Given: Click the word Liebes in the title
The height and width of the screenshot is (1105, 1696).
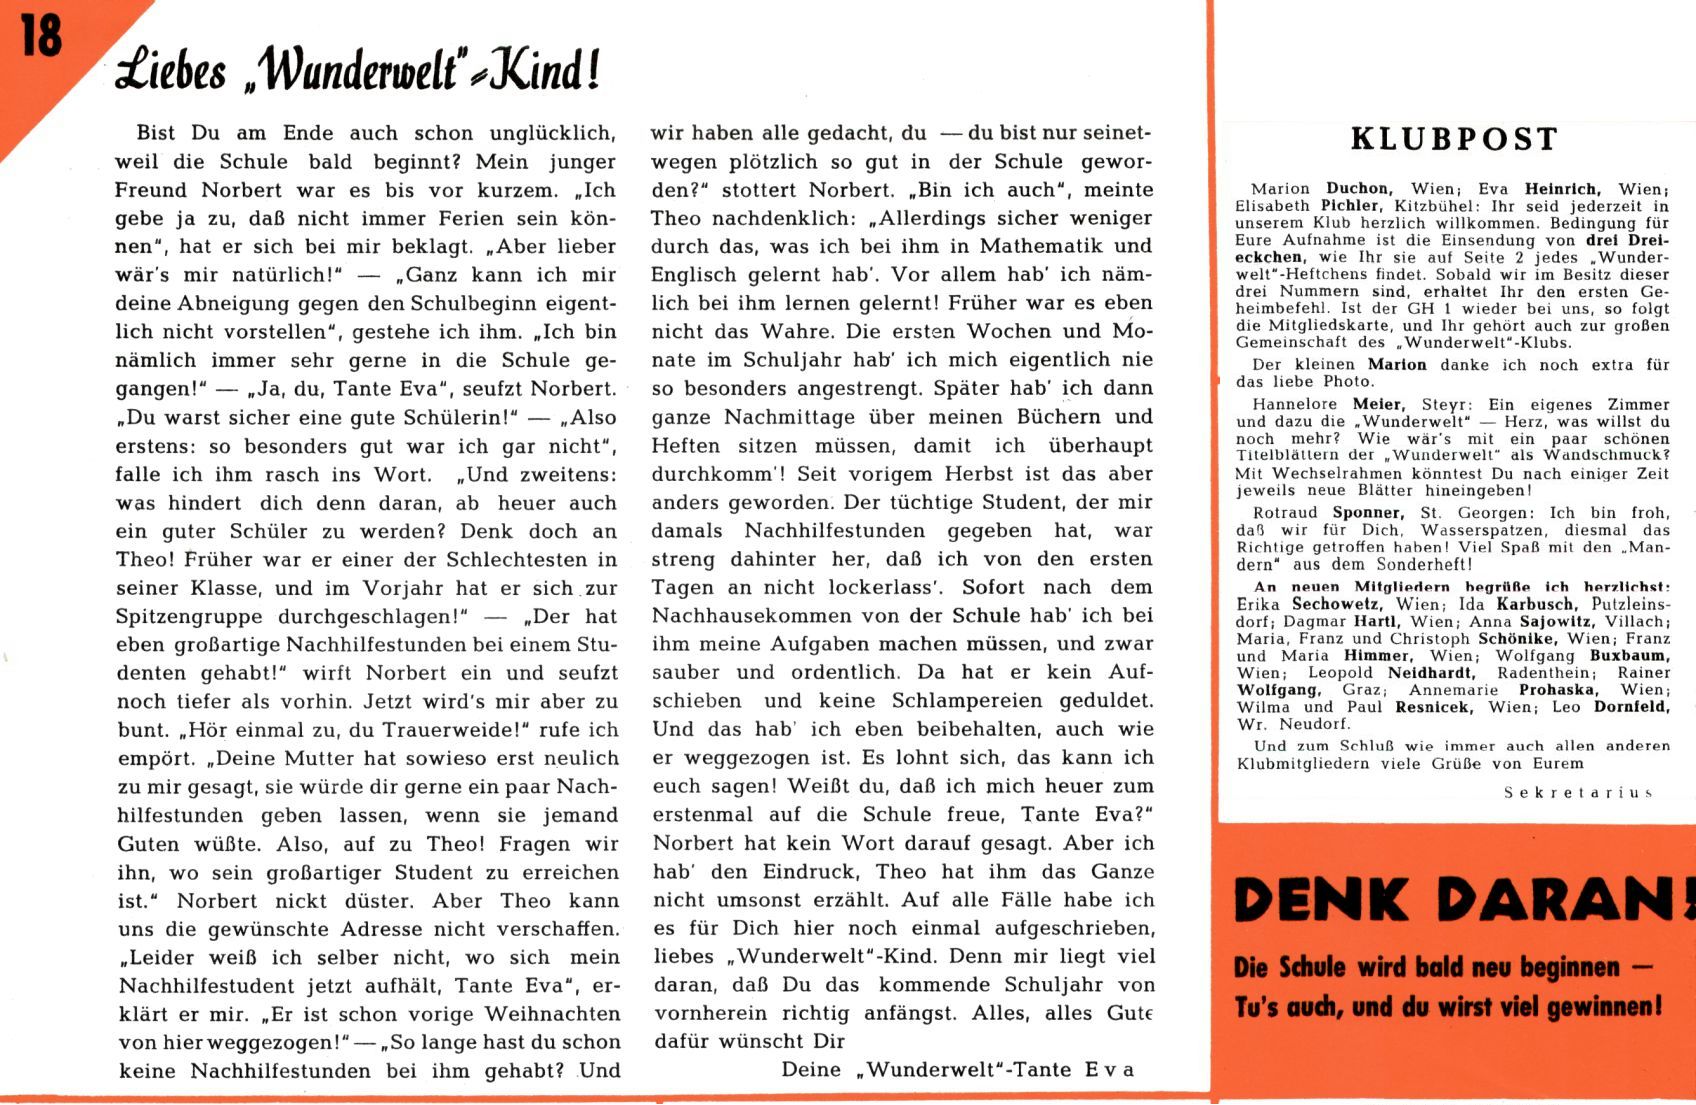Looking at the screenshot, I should (171, 72).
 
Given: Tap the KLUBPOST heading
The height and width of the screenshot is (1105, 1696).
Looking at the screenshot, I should (1454, 139).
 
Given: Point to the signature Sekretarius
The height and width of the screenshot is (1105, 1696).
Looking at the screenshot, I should (1577, 792).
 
